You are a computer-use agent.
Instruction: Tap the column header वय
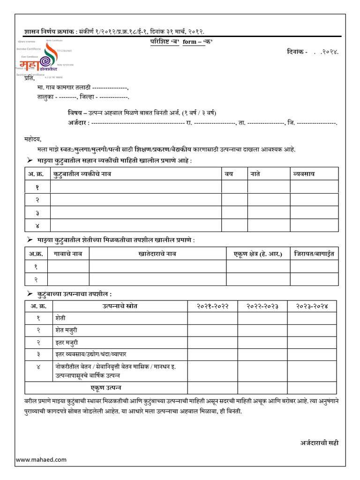229,174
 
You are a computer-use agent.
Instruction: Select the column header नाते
255,174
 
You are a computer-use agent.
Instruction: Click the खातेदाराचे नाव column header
157,254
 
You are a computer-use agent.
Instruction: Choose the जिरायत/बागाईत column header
314,254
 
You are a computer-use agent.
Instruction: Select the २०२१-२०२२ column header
212,306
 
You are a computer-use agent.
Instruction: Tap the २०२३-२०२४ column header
312,306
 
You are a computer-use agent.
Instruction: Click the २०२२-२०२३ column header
262,306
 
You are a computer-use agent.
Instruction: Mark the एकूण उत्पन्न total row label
106,388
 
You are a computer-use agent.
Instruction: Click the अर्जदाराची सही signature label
319,442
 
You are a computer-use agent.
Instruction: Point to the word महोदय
33,139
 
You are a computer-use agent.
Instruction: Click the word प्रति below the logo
30,78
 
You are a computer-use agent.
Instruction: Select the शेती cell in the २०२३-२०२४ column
312,318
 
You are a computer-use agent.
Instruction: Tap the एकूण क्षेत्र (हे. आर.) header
258,254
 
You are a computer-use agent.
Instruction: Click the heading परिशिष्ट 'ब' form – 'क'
179,42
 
